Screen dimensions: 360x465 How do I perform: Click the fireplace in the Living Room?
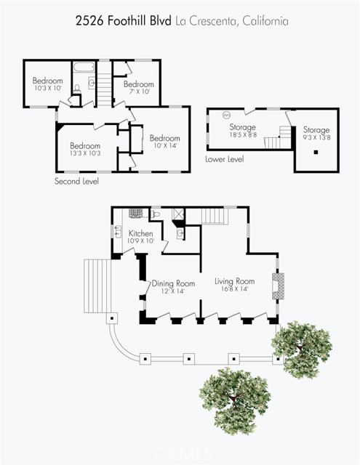point(278,286)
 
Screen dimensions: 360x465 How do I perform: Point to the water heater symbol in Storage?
point(227,115)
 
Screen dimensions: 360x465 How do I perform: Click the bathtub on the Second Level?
point(84,66)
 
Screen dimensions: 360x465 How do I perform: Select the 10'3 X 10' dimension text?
point(47,88)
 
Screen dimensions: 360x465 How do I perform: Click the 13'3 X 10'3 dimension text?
point(85,153)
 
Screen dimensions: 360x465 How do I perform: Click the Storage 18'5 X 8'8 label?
point(243,131)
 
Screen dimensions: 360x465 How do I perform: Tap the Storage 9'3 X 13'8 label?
point(316,133)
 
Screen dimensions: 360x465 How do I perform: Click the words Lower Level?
point(225,159)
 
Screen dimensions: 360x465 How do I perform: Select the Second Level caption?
point(76,181)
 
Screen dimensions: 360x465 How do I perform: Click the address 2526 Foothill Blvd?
point(124,21)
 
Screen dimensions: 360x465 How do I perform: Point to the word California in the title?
point(265,21)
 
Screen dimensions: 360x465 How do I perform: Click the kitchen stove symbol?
point(135,213)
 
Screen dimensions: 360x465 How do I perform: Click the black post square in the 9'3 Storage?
point(316,152)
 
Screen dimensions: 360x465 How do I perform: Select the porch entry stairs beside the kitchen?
point(97,286)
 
